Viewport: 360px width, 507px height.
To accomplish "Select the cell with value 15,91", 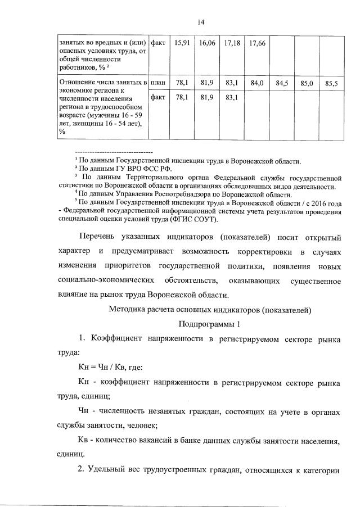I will [x=182, y=43].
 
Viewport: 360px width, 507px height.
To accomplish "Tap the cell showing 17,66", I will [x=257, y=43].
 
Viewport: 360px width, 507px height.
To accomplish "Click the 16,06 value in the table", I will [x=207, y=43].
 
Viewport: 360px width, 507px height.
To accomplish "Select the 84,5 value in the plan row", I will [x=282, y=83].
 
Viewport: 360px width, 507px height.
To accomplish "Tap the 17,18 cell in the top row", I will [x=232, y=43].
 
